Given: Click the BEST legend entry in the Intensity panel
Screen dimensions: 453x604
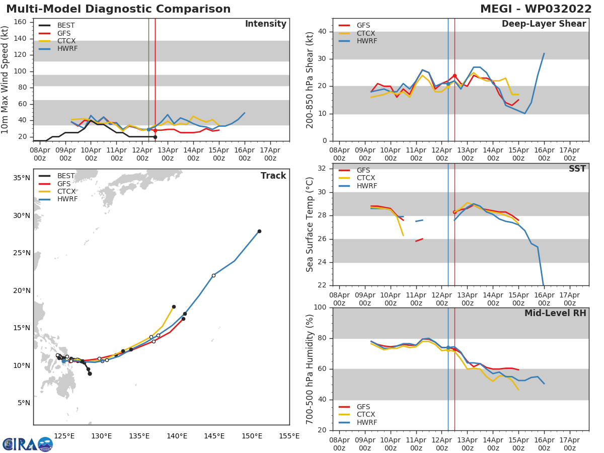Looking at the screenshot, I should coord(66,25).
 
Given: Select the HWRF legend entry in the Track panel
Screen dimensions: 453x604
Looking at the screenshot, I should coord(66,199).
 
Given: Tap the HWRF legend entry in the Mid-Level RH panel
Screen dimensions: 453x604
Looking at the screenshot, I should coord(366,423).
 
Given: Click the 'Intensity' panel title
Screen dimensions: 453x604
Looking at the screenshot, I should coord(265,24).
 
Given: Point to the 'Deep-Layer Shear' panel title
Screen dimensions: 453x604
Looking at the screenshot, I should coord(544,24).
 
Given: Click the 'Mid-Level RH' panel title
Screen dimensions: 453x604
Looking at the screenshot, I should coord(555,313).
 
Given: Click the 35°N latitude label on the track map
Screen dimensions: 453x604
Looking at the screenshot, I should coord(21,178).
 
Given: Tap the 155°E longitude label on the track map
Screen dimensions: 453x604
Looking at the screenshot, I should coord(289,436).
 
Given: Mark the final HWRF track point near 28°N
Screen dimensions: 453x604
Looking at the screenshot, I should coord(259,231).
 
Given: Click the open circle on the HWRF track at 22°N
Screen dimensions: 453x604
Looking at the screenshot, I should coord(213,275).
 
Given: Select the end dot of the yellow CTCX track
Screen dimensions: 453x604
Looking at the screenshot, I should coord(174,307).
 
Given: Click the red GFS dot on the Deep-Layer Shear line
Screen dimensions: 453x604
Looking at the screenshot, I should coord(455,75).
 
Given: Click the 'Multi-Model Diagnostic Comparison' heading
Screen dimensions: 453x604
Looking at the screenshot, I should coord(118,9).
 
